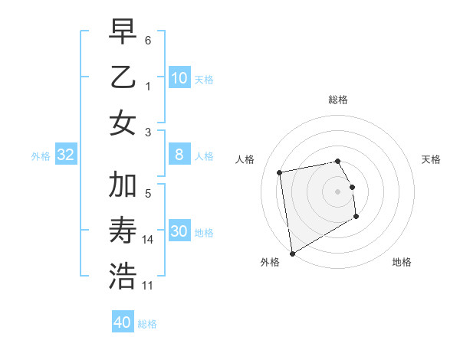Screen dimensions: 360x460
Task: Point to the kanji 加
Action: click(123, 185)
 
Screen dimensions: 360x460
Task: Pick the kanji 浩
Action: click(123, 275)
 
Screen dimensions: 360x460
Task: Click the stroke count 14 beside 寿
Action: click(148, 240)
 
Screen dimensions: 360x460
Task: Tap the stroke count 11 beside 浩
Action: click(148, 285)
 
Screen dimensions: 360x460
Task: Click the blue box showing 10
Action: click(179, 78)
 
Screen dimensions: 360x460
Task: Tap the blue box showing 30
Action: click(179, 231)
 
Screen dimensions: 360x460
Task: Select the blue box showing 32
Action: click(66, 155)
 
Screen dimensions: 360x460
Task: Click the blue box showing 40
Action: click(123, 322)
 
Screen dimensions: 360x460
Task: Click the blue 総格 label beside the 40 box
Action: click(147, 324)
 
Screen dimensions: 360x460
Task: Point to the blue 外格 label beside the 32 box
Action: click(41, 156)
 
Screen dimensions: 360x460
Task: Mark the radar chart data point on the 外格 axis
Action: click(292, 253)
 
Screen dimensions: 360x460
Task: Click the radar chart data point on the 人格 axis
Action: click(280, 172)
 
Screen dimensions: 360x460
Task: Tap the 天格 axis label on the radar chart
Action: click(431, 159)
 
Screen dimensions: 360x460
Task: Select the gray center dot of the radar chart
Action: click(337, 191)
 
